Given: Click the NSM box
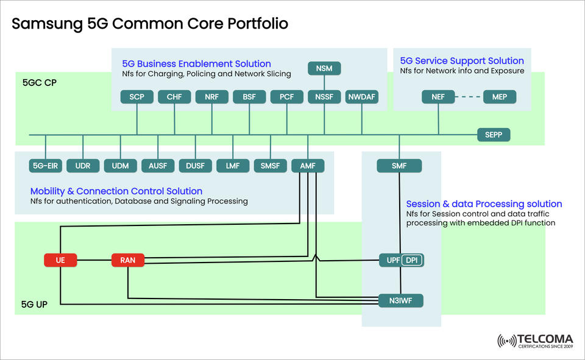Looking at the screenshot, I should point(324,68).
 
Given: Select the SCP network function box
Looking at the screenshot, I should point(136,97).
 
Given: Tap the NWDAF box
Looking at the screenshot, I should point(361,97).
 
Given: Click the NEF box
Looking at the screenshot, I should point(438,97).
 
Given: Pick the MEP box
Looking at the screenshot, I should point(499,97).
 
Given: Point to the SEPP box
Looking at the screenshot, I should point(493,135).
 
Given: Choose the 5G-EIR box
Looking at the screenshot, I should point(46,166).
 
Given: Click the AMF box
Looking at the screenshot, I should point(308,166).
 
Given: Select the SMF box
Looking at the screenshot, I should point(399,166).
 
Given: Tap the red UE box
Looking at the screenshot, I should point(60,261).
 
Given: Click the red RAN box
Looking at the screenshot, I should point(127,261).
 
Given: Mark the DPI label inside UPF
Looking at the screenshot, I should point(412,261).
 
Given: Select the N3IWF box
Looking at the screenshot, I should point(400,300).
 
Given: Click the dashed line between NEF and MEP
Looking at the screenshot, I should point(468,97).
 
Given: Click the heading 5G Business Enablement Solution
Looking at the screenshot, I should point(196,63).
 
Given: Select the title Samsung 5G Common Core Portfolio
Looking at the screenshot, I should point(150,24).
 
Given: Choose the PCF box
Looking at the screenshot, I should point(286,97).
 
